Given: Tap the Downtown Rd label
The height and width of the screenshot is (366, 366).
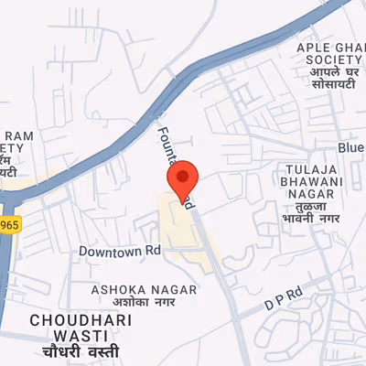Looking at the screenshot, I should coord(120,250).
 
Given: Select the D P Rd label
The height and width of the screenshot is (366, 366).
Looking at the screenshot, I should coord(282,296).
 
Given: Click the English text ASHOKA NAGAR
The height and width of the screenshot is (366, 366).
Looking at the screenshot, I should coord(144,289).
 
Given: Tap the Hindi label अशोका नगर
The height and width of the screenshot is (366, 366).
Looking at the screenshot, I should coord(144,304).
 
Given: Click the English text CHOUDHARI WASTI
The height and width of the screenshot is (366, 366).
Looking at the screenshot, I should coord(81,320).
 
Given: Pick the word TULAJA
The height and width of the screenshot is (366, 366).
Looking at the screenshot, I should coord(306,167).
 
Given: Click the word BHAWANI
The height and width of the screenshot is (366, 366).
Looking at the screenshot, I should coord(306,180).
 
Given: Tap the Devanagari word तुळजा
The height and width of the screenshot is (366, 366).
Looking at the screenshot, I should coord(306,207).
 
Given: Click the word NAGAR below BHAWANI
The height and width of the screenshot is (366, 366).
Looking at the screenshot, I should coord(306,193).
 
